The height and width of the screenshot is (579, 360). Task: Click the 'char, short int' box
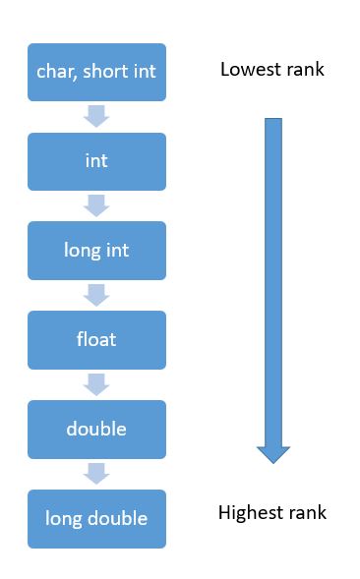[96, 72]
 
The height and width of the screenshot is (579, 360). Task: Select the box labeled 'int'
[96, 161]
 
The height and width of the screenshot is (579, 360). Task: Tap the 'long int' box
[96, 251]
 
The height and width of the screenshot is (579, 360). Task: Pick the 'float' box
[96, 340]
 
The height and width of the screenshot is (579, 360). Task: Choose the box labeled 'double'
[96, 430]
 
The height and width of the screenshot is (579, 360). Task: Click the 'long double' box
[96, 518]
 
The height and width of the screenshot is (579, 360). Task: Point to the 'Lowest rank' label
[271, 70]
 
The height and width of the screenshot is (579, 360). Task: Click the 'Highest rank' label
[271, 513]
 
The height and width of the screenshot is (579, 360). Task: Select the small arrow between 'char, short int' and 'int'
[96, 117]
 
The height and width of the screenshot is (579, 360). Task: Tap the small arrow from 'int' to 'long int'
[96, 206]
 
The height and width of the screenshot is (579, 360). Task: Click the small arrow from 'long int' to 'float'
[96, 296]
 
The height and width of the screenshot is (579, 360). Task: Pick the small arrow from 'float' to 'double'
[96, 385]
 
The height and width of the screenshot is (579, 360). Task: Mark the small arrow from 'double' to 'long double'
[96, 474]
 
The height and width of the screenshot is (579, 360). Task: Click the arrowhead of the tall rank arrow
[273, 453]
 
